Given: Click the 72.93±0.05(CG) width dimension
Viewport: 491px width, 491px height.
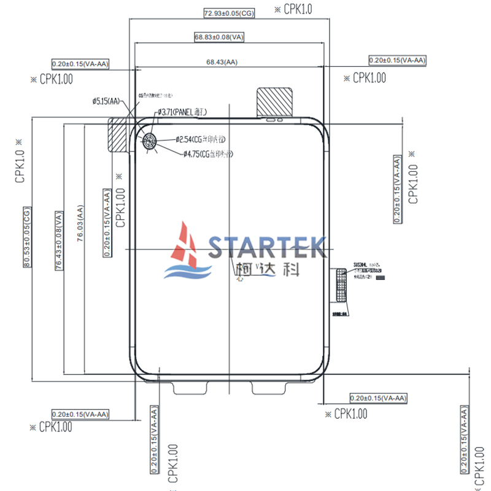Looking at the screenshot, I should [229, 12].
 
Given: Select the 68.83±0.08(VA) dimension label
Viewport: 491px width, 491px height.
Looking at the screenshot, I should [220, 37].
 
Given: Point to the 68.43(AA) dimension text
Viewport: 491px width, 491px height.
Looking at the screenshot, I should [222, 62].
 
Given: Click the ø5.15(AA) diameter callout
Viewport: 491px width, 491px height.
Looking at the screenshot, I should [106, 100].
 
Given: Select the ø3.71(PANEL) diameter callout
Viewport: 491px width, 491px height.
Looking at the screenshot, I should [183, 112].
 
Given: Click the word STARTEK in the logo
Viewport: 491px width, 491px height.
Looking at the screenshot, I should [266, 247].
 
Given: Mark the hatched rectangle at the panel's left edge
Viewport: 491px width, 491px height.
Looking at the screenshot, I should [117, 134].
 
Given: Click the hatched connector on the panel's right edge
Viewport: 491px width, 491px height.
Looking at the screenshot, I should [341, 285].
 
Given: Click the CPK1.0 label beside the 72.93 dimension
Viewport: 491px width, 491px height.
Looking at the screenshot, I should [293, 9].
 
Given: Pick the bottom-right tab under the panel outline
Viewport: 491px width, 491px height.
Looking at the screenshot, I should [269, 388].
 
